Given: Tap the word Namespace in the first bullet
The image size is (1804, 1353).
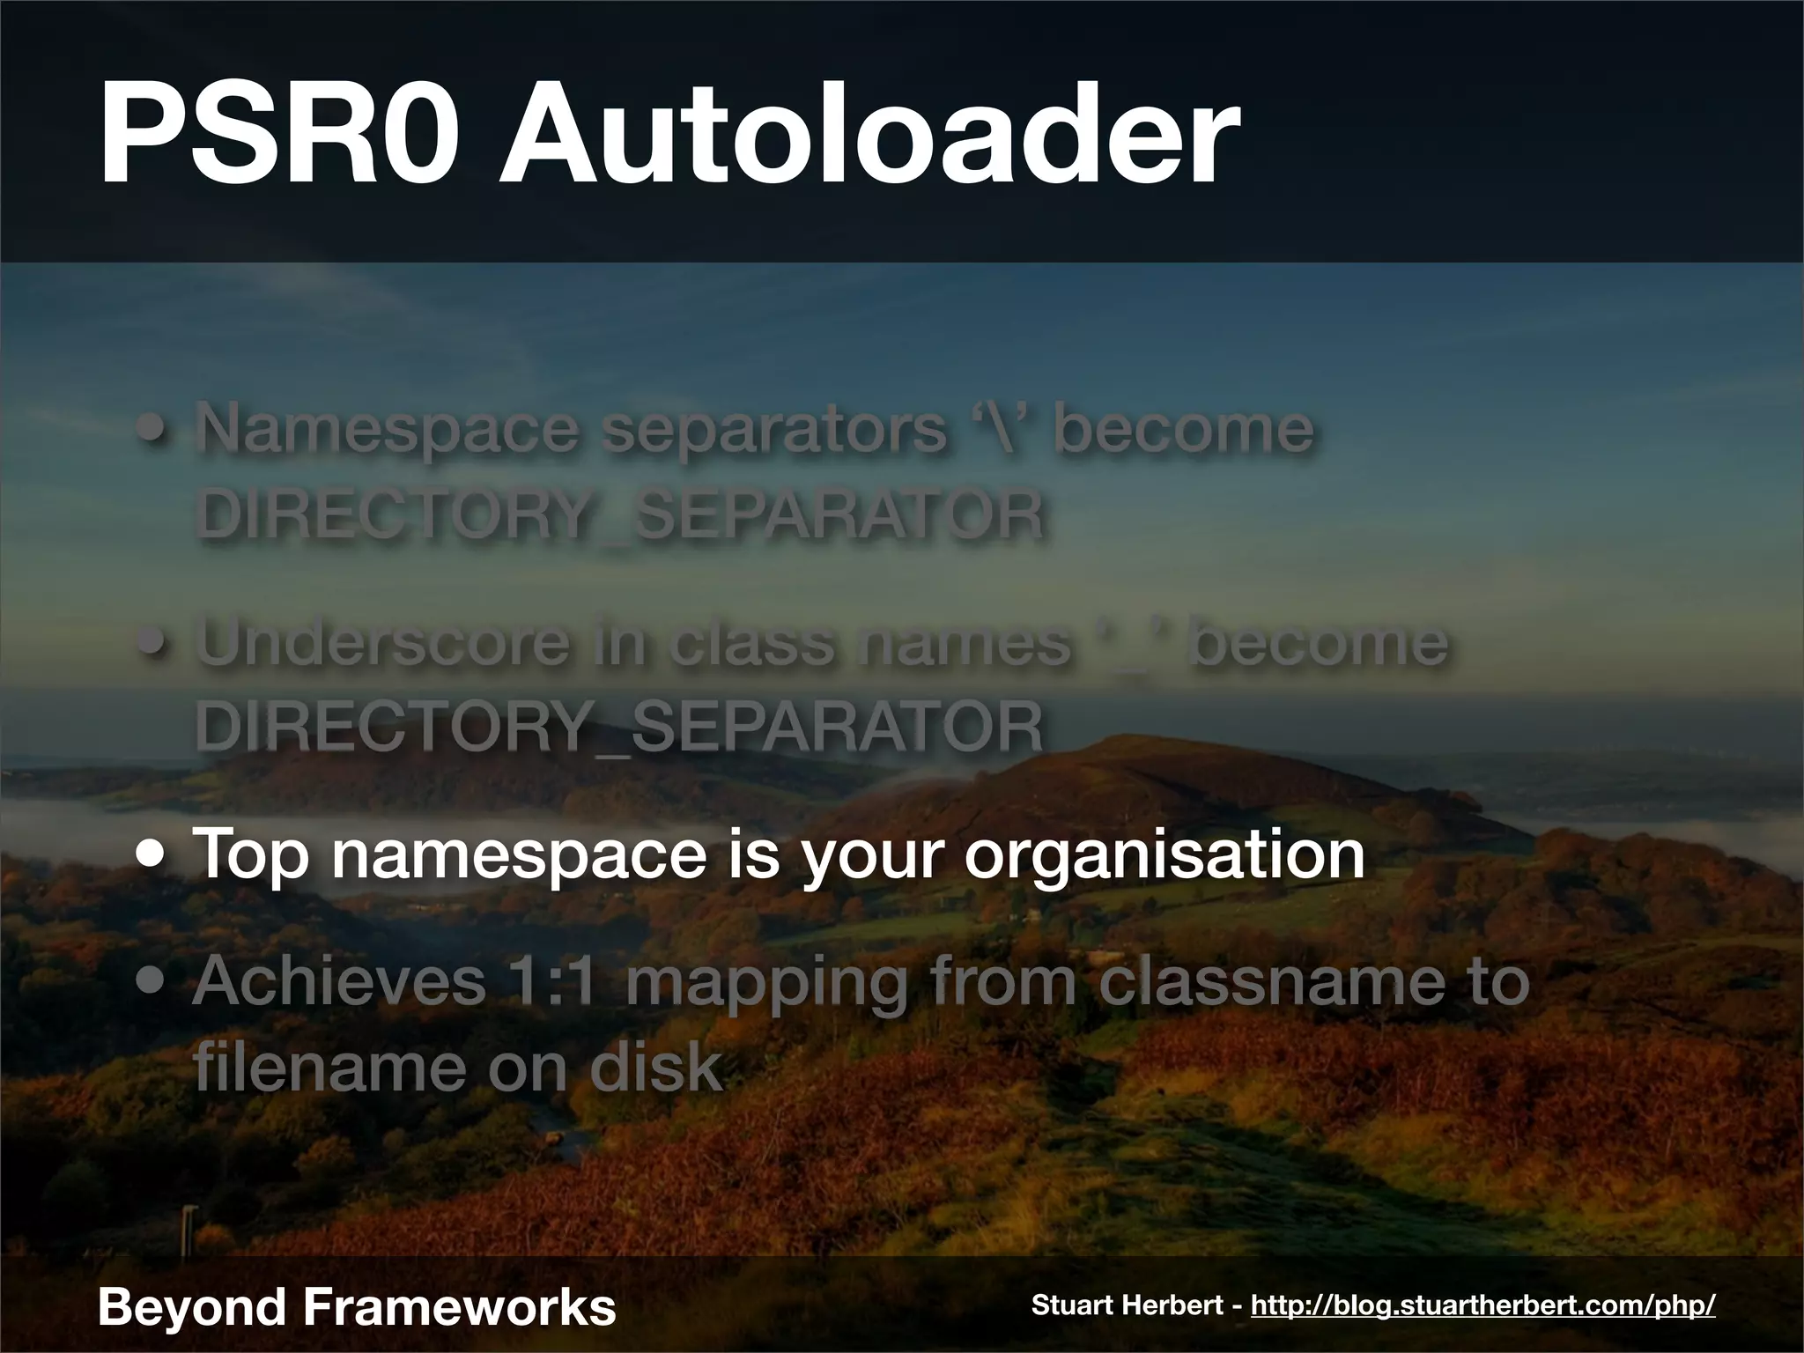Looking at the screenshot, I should [x=388, y=429].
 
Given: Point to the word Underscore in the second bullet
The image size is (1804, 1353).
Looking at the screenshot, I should [x=382, y=642].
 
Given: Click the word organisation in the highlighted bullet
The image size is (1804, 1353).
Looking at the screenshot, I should [x=1164, y=854].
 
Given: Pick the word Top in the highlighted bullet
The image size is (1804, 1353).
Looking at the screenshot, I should [x=251, y=854].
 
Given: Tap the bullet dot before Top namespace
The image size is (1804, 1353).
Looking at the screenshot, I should [x=154, y=854].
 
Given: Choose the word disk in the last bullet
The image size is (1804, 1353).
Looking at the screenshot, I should [x=655, y=1066].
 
